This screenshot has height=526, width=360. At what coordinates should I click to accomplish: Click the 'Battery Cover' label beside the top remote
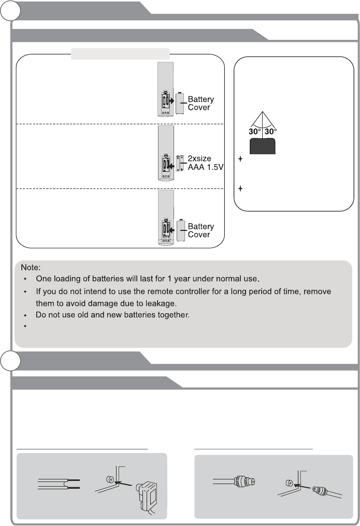(x=200, y=103)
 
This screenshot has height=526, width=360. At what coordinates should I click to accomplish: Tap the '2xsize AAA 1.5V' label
(x=204, y=162)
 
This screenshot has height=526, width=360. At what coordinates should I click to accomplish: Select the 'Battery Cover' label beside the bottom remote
(x=200, y=230)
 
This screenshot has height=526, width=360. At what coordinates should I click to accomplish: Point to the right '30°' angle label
(x=270, y=131)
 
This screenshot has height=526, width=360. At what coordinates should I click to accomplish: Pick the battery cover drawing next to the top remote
(x=181, y=104)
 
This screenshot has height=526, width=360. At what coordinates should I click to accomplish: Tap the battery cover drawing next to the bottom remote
(x=181, y=230)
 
